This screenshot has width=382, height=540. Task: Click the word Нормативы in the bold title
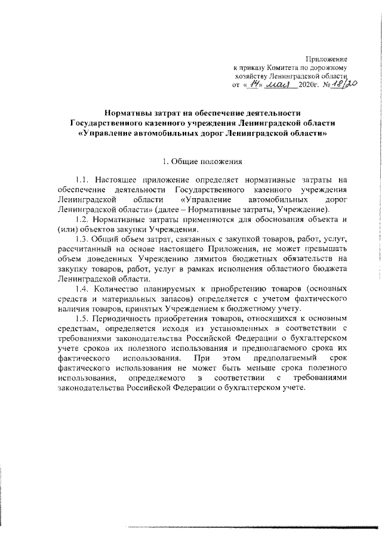[x=128, y=112]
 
